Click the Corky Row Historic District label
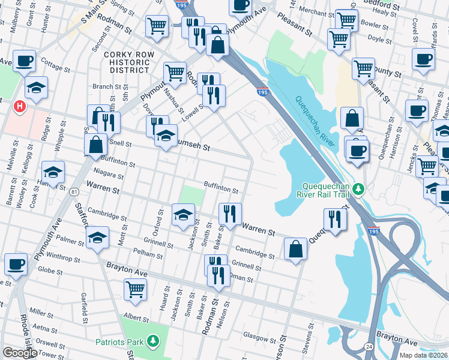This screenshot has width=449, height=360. [126, 62]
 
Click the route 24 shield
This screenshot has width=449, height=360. [367, 347]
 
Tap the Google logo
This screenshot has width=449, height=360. [20, 352]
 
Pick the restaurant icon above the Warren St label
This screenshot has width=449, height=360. [230, 212]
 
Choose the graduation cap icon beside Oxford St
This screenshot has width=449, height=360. [184, 214]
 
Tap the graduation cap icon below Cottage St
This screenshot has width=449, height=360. [36, 88]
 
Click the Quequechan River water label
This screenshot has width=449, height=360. [312, 115]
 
